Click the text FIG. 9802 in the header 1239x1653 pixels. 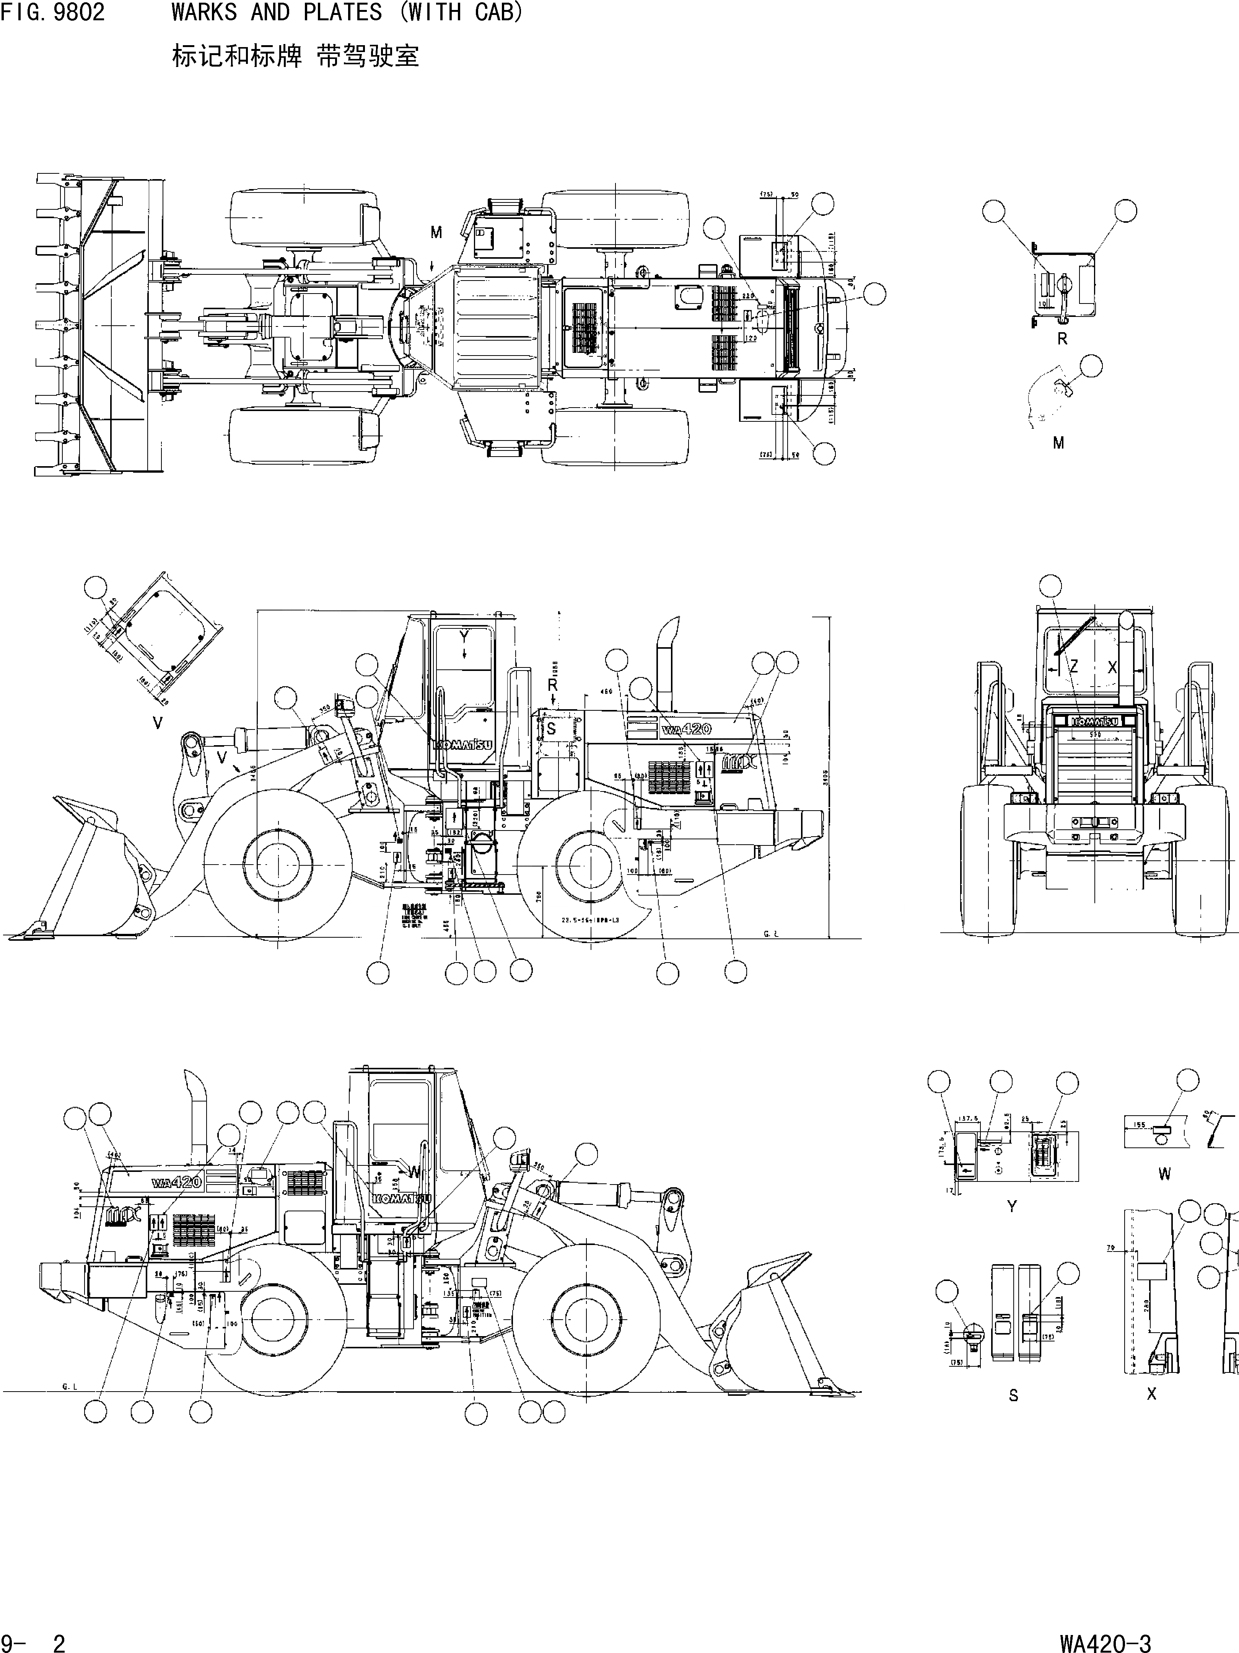point(52,13)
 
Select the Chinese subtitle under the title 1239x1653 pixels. point(295,56)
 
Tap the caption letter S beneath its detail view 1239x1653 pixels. point(1013,1395)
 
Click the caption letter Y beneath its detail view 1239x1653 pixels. point(1011,1206)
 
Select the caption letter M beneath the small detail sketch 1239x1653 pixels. point(1058,443)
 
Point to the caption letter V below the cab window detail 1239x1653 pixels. point(158,723)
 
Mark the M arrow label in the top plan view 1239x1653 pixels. point(436,233)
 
